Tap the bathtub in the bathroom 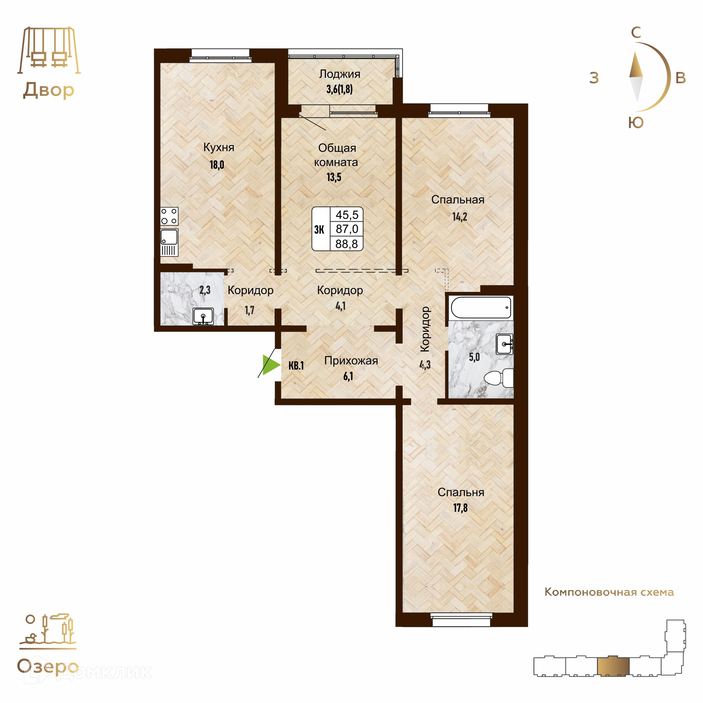click(x=481, y=308)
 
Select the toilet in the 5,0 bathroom click(x=499, y=377)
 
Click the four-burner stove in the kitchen click(x=169, y=216)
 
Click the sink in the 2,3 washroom click(x=203, y=316)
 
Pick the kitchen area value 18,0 click(x=217, y=165)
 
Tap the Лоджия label click(x=339, y=74)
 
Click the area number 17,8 click(x=460, y=508)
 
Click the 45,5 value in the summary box click(x=347, y=215)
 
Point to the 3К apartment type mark click(x=319, y=230)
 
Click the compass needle click(x=636, y=77)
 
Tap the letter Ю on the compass click(x=636, y=123)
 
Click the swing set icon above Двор click(x=49, y=50)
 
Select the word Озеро click(x=48, y=667)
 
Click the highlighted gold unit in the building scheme click(x=613, y=666)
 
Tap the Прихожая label click(x=351, y=361)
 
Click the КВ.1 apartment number click(x=296, y=365)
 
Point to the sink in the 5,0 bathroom click(x=505, y=344)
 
